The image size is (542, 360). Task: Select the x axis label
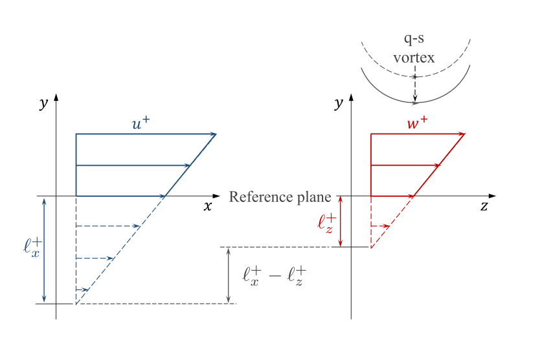pyautogui.click(x=208, y=207)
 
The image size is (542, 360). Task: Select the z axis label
pyautogui.click(x=484, y=207)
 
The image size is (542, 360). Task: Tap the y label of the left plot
pyautogui.click(x=43, y=103)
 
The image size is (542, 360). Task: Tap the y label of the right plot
pyautogui.click(x=338, y=103)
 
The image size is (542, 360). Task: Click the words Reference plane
pyautogui.click(x=280, y=197)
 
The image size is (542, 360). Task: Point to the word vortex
pyautogui.click(x=414, y=57)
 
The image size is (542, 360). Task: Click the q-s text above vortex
pyautogui.click(x=414, y=40)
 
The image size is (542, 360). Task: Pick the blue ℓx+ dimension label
pyautogui.click(x=31, y=247)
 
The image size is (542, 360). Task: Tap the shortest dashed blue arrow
pyautogui.click(x=82, y=289)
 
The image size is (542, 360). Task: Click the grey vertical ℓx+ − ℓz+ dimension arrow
pyautogui.click(x=229, y=275)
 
